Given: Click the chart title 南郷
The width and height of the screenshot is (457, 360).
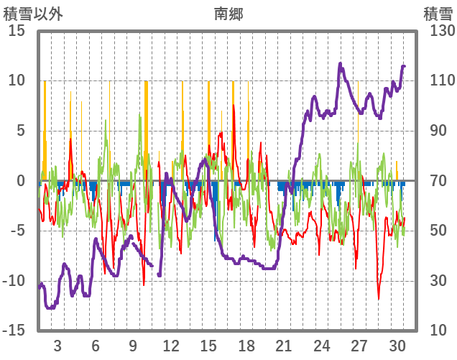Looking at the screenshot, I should [x=228, y=14].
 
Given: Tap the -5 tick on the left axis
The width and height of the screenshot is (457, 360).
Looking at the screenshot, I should [x=17, y=231].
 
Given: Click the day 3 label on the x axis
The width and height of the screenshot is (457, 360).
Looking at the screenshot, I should [x=57, y=344].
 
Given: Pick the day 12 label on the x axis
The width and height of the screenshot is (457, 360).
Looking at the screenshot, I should [x=171, y=344].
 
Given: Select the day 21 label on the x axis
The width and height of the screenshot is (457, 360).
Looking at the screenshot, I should [x=284, y=344].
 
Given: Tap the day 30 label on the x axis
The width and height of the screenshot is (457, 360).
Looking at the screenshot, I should [x=397, y=344].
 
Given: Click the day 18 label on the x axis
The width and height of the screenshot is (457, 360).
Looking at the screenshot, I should [x=246, y=344].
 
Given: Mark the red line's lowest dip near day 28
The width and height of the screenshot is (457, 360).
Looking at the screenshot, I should [x=379, y=298].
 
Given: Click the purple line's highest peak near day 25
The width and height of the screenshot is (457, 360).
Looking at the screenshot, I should [x=340, y=63].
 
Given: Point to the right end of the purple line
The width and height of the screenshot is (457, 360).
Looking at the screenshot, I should [x=405, y=66].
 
